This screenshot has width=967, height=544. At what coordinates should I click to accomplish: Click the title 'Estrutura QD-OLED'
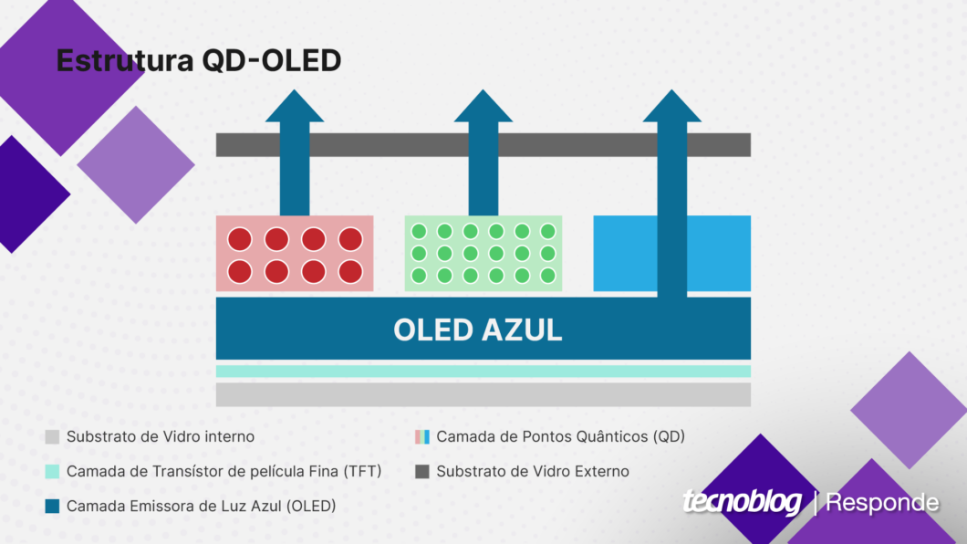199,60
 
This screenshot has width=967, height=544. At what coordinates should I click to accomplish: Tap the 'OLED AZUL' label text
478,330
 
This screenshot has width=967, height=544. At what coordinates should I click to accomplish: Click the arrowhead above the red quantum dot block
294,106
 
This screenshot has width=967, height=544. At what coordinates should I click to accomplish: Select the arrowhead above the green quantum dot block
483,106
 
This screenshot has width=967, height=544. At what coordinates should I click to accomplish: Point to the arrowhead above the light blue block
671,106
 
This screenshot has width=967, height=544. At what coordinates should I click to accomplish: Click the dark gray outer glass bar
483,145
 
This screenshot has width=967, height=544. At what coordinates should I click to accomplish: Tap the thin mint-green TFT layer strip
483,371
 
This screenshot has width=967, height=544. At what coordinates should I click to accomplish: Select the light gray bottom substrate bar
483,394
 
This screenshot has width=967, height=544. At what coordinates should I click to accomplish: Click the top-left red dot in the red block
240,239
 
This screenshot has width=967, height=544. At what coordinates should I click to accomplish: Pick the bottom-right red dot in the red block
350,271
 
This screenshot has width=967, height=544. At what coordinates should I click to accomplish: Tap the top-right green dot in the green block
547,231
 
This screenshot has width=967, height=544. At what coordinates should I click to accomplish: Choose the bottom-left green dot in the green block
419,276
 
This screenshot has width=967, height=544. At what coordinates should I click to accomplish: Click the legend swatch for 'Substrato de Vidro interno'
52,437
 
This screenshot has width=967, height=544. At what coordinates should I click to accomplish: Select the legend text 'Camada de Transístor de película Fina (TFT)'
224,472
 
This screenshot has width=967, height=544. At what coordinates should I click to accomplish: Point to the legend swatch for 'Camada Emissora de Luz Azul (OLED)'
52,507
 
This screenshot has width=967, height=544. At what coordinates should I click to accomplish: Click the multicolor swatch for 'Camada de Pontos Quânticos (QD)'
422,437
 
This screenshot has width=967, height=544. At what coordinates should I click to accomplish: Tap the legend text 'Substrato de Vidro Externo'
533,472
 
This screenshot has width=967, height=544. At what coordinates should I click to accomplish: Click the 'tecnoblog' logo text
742,501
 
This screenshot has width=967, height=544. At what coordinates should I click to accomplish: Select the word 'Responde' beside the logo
882,503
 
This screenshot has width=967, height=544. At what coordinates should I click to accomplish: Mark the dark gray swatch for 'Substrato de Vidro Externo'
422,472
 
